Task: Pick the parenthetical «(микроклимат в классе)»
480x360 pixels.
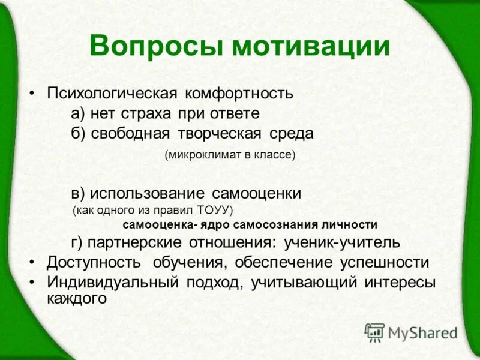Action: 230,155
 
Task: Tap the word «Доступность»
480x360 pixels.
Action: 94,262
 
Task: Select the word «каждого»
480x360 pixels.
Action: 76,298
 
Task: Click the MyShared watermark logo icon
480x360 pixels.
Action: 374,332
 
